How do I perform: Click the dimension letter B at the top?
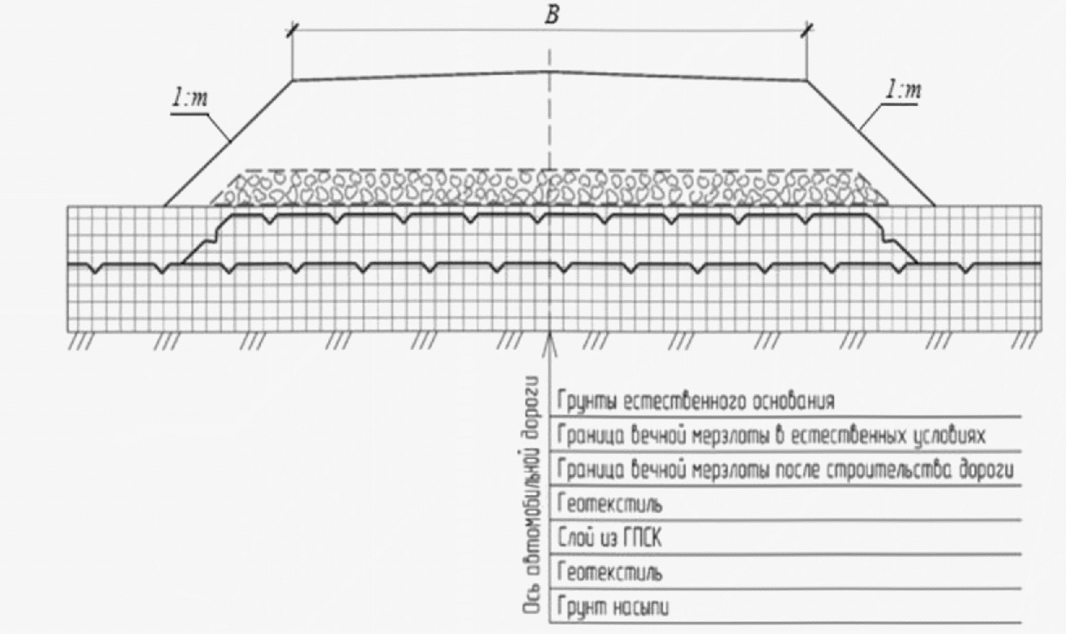tap(551, 16)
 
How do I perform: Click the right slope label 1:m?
tap(903, 90)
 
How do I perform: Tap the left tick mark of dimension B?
tap(293, 30)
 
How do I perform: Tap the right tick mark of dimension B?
tap(807, 30)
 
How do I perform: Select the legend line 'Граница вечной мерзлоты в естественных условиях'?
tap(771, 436)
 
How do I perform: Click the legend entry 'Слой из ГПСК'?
tap(609, 538)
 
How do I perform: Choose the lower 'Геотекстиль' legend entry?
tap(610, 573)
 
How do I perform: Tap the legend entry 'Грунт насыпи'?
tap(613, 607)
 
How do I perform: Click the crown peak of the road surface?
tap(549, 71)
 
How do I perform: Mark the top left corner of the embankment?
tap(293, 80)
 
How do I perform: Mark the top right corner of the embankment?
tap(807, 80)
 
